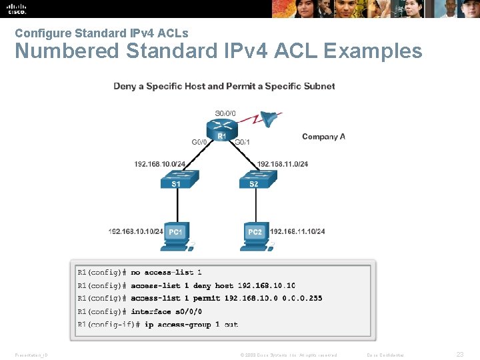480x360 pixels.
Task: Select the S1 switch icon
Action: tap(175, 180)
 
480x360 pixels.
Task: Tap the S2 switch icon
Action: tap(253, 180)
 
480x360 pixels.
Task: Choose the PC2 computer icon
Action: tap(255, 235)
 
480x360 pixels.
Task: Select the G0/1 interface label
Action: tap(243, 141)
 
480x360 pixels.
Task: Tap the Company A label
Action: tap(323, 137)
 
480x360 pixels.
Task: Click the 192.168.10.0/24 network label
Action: tap(160, 164)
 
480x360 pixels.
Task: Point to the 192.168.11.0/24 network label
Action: tap(283, 164)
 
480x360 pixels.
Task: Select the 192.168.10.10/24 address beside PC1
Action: tap(136, 231)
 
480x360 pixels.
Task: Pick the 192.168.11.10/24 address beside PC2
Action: tap(297, 231)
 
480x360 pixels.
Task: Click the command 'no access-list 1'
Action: tap(166, 272)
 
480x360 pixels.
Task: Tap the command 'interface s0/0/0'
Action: tap(166, 311)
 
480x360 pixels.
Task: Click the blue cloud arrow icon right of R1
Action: tap(269, 119)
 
